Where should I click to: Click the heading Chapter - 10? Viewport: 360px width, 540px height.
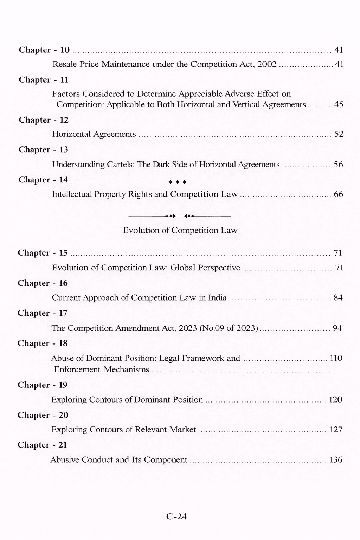tap(44, 50)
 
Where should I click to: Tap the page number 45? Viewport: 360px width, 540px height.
tap(339, 104)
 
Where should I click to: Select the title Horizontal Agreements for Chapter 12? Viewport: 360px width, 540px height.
tap(94, 134)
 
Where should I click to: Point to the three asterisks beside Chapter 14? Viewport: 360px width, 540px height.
tap(177, 182)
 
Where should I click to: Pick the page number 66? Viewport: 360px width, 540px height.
tap(338, 194)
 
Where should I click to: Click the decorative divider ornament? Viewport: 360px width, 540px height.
tap(180, 216)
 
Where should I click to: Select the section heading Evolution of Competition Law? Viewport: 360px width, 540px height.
tap(180, 230)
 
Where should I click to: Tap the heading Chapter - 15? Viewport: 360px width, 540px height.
tap(43, 253)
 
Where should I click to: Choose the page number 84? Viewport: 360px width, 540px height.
tap(338, 298)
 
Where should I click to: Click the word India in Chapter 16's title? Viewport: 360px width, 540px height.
tap(217, 298)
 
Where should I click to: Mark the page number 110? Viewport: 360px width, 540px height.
tap(336, 358)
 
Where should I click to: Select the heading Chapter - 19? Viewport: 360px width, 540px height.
tap(43, 385)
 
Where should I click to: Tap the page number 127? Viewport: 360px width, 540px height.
tap(336, 430)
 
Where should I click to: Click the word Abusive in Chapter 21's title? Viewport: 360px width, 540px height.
tap(65, 460)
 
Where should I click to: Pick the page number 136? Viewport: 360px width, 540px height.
tap(336, 460)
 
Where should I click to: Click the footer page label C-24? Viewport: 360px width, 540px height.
tap(176, 516)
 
